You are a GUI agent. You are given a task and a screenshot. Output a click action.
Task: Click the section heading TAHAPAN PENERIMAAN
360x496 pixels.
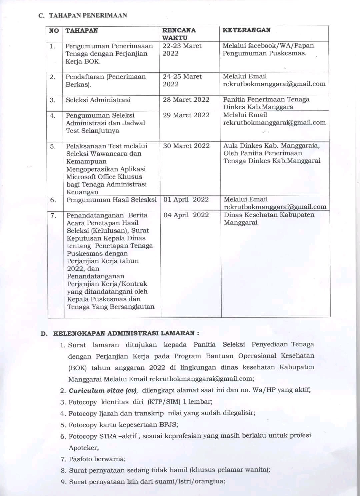coord(88,15)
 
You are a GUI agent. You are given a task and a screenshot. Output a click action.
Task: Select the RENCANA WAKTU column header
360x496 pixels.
coord(179,34)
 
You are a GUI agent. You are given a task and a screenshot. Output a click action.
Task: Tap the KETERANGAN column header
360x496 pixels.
coord(246,30)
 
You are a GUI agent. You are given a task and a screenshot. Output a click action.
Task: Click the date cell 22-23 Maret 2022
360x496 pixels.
coord(182,50)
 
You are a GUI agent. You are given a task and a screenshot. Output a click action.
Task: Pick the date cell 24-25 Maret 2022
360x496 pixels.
coord(182,80)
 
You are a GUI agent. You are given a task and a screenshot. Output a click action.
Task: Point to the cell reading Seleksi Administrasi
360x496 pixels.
coord(98,100)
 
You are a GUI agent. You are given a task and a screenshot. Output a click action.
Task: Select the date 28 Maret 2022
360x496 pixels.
coord(186,100)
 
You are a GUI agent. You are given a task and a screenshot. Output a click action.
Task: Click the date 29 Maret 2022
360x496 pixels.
coord(186,115)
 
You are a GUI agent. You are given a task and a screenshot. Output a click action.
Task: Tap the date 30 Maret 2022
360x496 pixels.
coord(186,146)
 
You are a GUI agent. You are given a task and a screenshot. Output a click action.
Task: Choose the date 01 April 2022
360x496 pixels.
coord(186,200)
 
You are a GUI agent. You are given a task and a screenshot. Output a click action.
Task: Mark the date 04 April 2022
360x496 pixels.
coord(186,215)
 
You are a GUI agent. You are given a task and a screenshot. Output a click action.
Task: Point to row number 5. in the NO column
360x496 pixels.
coord(53,146)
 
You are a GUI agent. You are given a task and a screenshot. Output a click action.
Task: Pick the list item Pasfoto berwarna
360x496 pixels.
coord(97,459)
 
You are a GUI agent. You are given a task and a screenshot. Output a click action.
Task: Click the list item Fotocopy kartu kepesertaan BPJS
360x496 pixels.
coord(123,425)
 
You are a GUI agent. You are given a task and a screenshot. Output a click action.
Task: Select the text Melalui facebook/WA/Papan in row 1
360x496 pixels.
coord(268,46)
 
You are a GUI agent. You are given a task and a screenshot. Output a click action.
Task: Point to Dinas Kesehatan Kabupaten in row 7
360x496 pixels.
coord(269,215)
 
